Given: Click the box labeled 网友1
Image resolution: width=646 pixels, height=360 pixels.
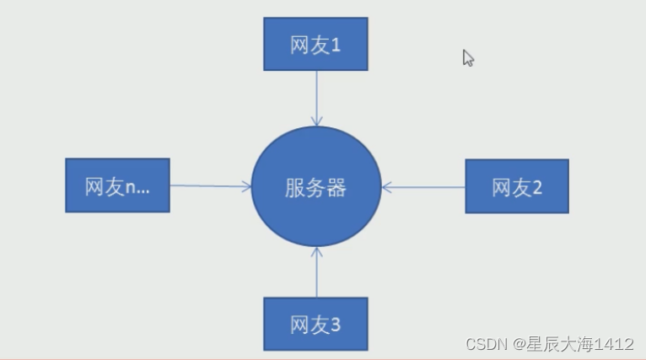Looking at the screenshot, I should (x=315, y=43).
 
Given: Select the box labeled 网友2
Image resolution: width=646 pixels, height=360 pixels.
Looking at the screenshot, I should (x=517, y=185).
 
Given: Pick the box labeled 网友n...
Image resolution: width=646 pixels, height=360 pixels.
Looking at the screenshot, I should (x=117, y=185).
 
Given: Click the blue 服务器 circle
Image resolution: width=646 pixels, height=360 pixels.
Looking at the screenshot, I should (x=315, y=186).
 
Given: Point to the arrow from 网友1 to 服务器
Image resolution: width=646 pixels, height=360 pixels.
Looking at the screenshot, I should (x=316, y=97).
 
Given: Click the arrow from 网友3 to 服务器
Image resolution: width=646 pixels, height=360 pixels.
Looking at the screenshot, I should (x=316, y=271).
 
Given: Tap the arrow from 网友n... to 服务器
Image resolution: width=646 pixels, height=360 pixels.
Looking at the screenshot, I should (x=211, y=185).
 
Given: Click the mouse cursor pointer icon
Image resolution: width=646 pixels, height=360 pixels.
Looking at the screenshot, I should (x=468, y=57).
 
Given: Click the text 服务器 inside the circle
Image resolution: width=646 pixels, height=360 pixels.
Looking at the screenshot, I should (x=315, y=187).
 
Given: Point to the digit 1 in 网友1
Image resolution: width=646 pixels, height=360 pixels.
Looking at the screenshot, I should (x=336, y=45).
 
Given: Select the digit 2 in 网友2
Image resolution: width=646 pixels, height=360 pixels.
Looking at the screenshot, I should (x=537, y=187).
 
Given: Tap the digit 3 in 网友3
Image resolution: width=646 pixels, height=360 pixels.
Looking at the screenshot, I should (x=336, y=325).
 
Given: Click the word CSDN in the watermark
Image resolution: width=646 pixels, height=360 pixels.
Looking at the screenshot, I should (x=484, y=344).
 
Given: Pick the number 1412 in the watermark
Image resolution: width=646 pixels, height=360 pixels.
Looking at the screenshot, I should (x=613, y=344).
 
